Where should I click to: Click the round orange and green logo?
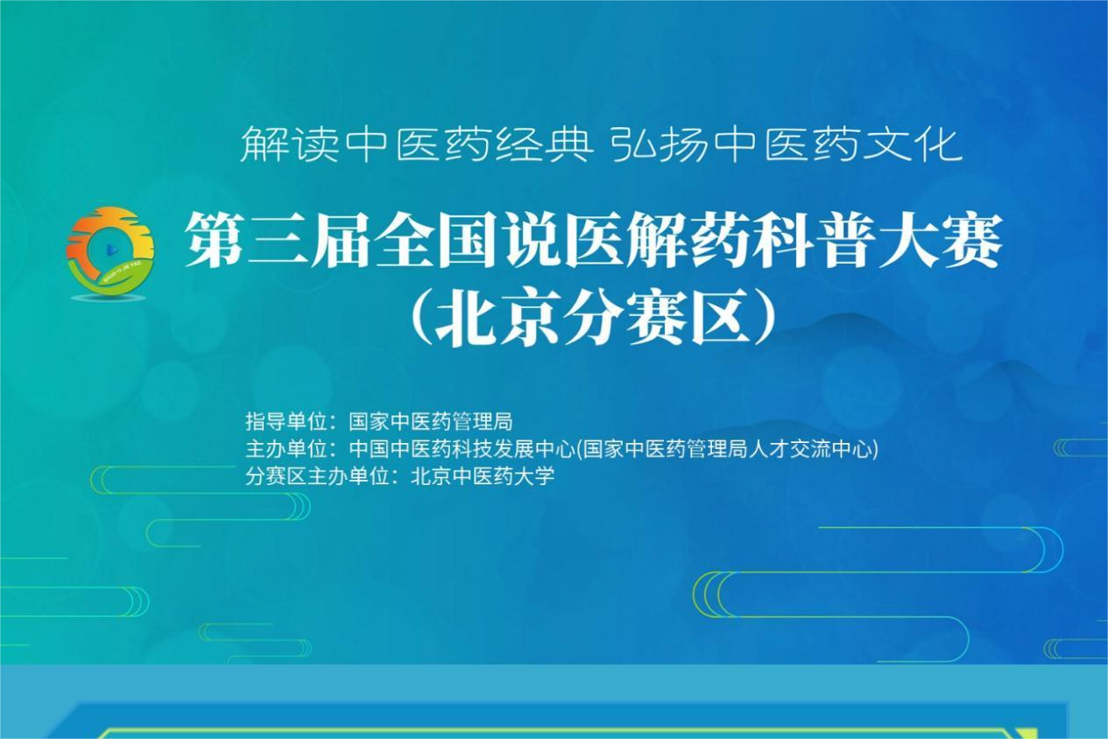(x=110, y=252)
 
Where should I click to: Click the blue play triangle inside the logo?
(x=111, y=250)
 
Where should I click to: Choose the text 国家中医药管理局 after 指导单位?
(x=430, y=421)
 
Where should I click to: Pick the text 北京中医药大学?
(x=483, y=476)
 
